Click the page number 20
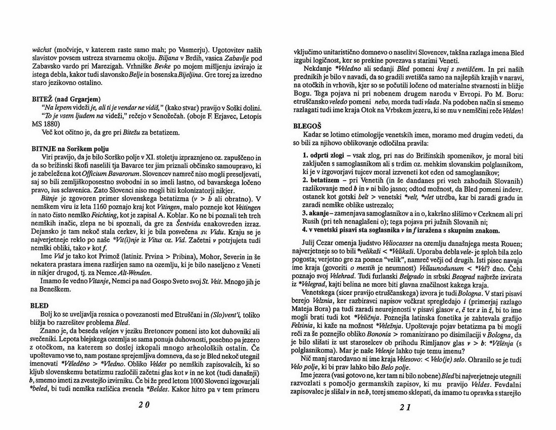click(x=144, y=405)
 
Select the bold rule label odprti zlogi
click(x=323, y=154)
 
